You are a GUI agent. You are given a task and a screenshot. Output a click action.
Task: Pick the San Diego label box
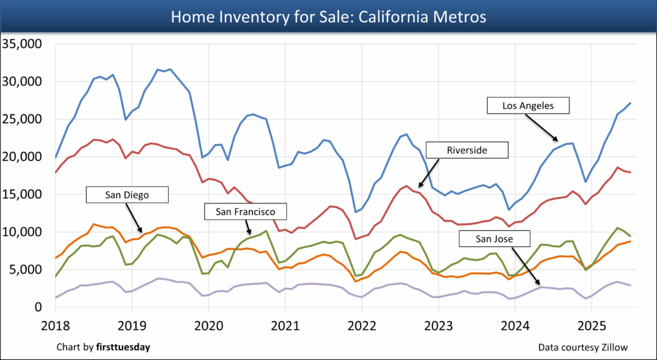point(128,194)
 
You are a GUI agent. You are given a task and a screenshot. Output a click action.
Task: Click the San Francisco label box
point(246,211)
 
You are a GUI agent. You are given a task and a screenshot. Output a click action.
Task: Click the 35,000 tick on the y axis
point(22,44)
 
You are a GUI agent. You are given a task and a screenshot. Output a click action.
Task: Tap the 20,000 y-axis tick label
point(22,157)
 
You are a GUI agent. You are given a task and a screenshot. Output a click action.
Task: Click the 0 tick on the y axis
point(38,307)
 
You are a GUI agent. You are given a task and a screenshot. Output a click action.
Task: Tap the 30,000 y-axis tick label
point(22,81)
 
